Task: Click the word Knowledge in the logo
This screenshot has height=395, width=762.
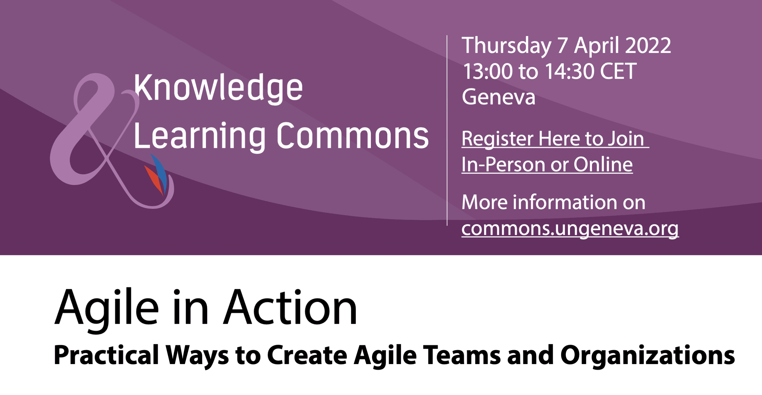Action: point(218,88)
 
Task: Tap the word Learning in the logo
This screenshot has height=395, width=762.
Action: point(200,136)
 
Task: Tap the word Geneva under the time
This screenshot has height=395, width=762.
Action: point(499,97)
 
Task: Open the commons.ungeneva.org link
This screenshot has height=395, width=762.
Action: point(570,229)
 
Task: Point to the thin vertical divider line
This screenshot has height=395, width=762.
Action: point(447,130)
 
